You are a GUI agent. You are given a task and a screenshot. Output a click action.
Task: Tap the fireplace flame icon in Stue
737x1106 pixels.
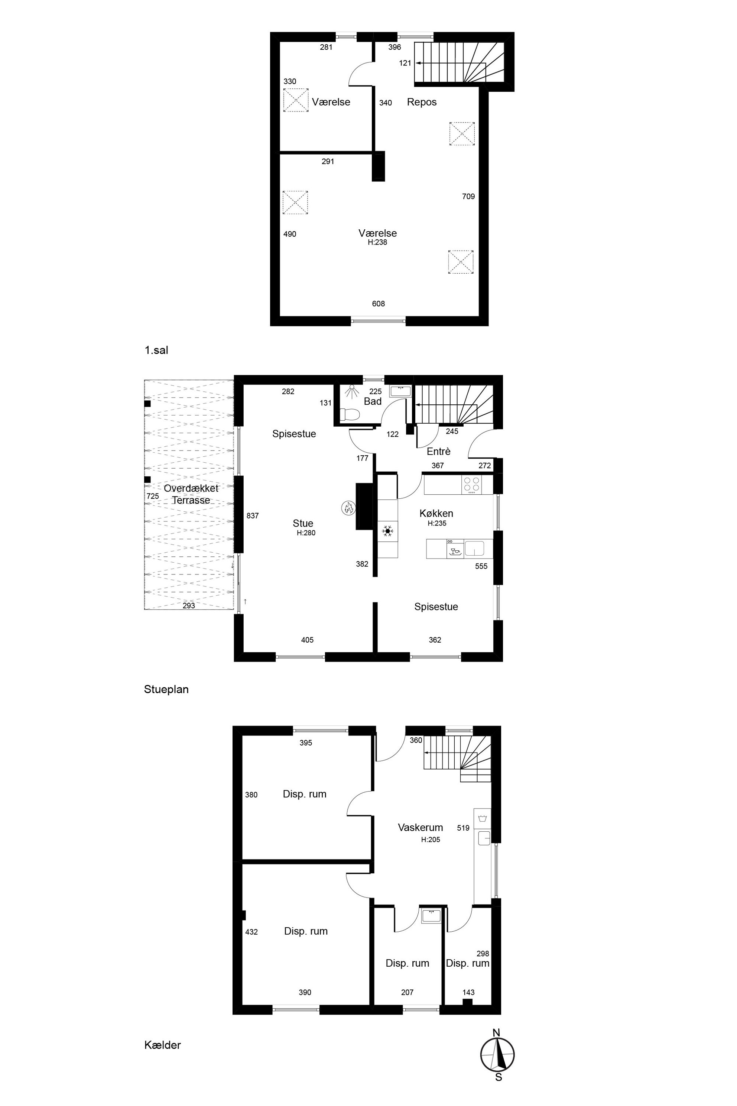click(x=348, y=507)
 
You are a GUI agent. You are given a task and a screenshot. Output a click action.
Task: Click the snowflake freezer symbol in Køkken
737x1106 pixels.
click(x=388, y=531)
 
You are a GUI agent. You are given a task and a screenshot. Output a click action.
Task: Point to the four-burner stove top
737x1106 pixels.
click(x=472, y=484)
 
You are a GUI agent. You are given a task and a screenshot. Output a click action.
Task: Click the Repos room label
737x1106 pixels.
click(x=422, y=102)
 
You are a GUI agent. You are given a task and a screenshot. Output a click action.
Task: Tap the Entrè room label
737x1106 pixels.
click(x=439, y=452)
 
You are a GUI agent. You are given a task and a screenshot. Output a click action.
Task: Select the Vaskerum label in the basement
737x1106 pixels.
click(x=420, y=827)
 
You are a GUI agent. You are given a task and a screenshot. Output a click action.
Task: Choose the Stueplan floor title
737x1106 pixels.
click(x=166, y=689)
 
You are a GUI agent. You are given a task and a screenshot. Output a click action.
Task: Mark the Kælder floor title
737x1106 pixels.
click(x=163, y=1045)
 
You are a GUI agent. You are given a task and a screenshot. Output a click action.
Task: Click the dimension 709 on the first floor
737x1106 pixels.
click(x=468, y=197)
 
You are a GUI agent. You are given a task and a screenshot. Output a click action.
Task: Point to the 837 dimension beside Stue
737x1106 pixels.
click(x=252, y=516)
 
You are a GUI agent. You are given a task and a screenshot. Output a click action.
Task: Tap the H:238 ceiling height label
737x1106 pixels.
click(x=377, y=242)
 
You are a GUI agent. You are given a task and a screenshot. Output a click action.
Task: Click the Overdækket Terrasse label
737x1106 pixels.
click(x=191, y=494)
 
